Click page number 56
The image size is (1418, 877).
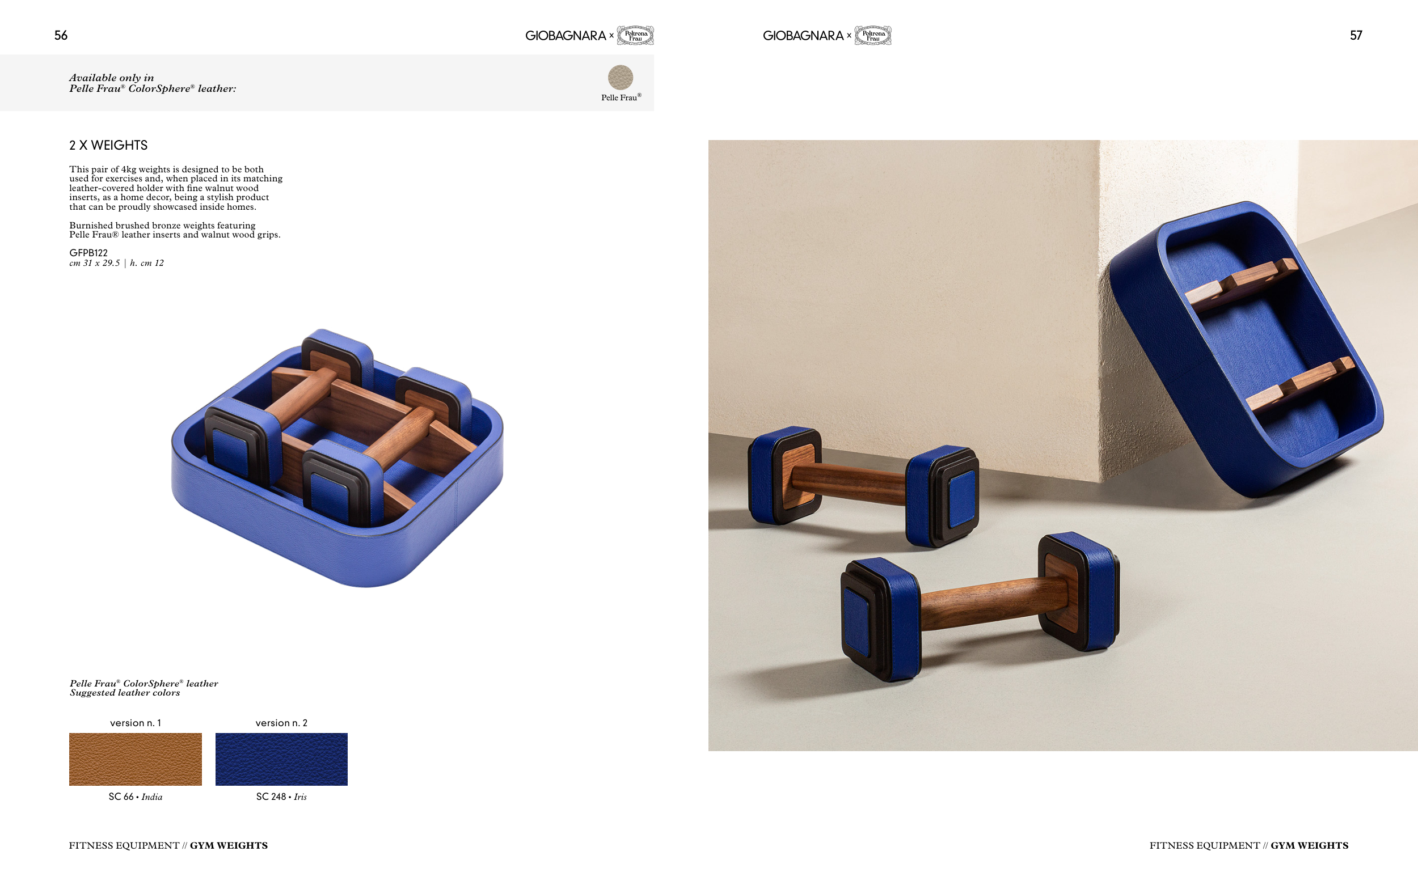[x=61, y=35]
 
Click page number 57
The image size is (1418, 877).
[x=1356, y=35]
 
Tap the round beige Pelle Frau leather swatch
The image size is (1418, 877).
[x=620, y=77]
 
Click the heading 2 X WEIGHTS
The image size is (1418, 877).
[x=108, y=145]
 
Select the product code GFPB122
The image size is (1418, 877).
[x=88, y=253]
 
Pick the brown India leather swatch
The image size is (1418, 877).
[x=135, y=759]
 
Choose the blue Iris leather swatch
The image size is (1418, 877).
[x=281, y=759]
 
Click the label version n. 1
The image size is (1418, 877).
[x=136, y=723]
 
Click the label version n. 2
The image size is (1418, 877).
[x=281, y=723]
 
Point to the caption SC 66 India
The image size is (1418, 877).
[x=135, y=797]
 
